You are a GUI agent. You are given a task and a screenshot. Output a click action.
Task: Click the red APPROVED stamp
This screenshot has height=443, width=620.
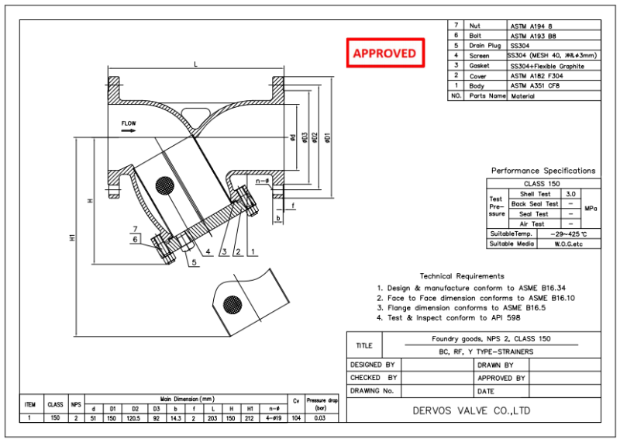(x=384, y=54)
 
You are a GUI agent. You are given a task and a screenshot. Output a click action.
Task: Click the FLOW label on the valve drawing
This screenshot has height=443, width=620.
(x=129, y=123)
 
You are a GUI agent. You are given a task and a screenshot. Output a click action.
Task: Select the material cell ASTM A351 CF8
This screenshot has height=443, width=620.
(x=534, y=86)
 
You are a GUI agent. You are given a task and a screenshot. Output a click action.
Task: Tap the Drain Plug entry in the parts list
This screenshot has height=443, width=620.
(x=485, y=46)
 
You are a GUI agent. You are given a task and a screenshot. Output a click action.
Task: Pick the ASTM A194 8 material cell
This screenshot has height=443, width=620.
(x=530, y=26)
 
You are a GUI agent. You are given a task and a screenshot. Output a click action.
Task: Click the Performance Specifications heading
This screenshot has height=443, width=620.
(x=543, y=171)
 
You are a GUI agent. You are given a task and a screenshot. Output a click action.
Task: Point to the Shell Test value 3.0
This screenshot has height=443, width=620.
(x=570, y=193)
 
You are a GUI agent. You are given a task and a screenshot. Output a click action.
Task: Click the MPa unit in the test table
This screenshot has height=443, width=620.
(x=591, y=209)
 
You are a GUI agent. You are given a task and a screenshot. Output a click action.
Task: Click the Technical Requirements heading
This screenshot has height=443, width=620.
(x=461, y=275)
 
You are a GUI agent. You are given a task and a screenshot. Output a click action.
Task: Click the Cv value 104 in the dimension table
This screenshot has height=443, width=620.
(x=294, y=417)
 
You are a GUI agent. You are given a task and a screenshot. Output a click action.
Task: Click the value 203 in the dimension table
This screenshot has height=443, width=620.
(x=212, y=417)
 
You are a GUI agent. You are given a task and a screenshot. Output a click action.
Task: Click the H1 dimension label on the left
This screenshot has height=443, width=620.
(x=72, y=238)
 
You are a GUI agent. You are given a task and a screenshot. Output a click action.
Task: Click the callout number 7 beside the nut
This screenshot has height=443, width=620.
(x=135, y=229)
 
